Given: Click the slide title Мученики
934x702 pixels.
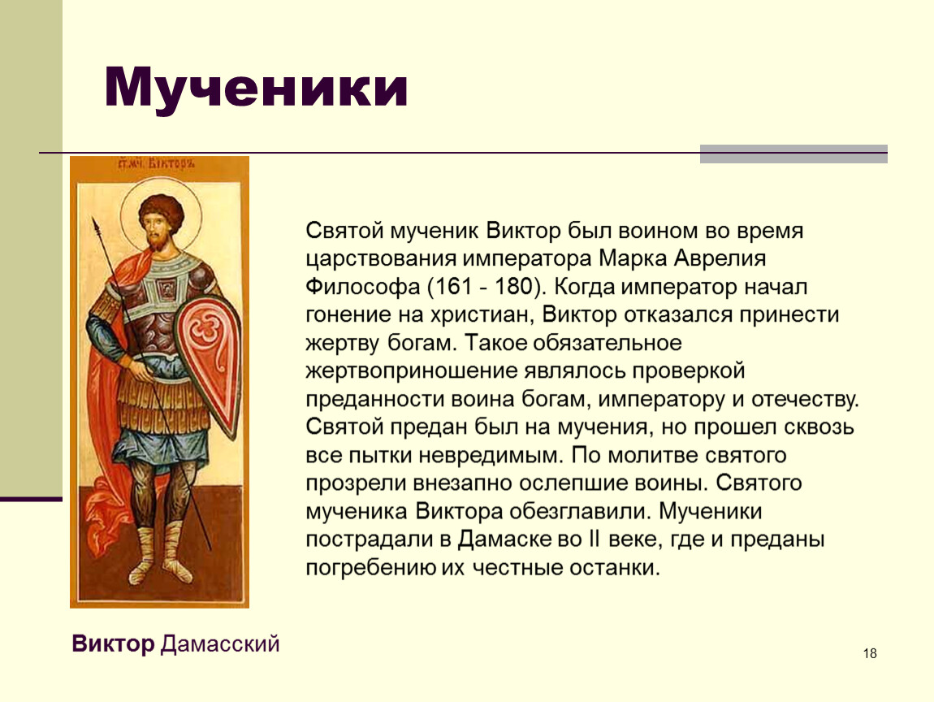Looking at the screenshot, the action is [256, 89].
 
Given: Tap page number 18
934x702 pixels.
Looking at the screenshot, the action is [870, 654].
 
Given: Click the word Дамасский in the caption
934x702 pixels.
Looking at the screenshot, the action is [220, 644].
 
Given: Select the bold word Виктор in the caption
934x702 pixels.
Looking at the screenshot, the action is [113, 644].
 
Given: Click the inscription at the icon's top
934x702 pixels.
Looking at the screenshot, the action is [158, 163].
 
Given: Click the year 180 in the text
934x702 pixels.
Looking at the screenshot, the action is [512, 287].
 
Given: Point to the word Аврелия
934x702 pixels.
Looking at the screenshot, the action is [720, 258].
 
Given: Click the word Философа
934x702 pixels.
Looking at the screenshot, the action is [363, 288].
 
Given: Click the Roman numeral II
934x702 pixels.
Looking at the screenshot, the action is [594, 539].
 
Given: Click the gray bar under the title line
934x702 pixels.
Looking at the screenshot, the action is [793, 154].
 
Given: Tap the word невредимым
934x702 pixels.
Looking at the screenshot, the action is [490, 455].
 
